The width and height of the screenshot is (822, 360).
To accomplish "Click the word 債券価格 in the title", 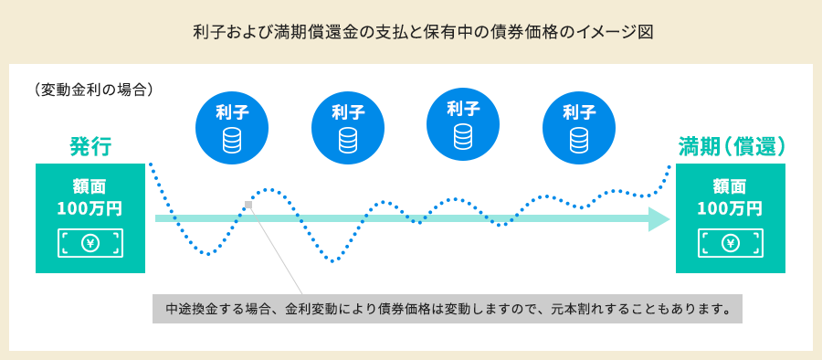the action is pos(529,33).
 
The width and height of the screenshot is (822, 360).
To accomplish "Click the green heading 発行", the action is pos(90,147).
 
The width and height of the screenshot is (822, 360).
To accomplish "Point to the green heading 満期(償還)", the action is pos(732,147).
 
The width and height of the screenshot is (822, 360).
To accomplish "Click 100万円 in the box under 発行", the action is pos(90,209).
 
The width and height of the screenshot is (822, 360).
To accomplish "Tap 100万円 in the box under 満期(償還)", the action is pos(730,209).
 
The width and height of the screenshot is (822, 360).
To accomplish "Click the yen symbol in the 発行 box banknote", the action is pos(90,243).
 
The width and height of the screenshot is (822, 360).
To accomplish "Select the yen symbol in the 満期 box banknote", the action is pos(731,243).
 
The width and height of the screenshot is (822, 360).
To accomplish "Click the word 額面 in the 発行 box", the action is pos(90,186).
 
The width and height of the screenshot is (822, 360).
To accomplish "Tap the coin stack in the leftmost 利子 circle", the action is pos(232,140).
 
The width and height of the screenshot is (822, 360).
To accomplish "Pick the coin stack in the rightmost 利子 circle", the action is pos(579,140).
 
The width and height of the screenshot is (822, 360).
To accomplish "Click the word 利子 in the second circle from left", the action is pos(348,111).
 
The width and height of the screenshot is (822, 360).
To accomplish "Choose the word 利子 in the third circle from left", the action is pos(463,109).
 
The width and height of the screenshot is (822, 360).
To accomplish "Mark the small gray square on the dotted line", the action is pos(248,204).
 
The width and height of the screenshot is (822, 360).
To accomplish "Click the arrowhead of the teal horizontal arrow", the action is pos(659,219).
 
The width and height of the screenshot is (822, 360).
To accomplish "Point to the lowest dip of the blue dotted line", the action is pos(332,260).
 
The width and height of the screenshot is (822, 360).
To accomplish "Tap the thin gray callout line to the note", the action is pos(275,250).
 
